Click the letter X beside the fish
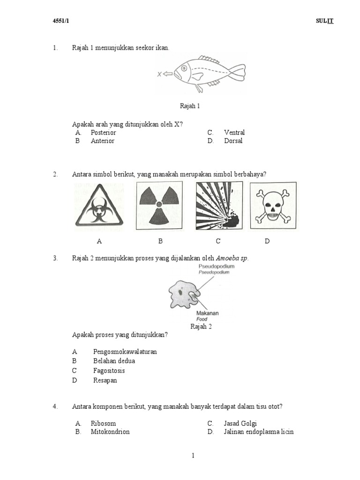pyautogui.click(x=160, y=74)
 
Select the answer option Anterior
pyautogui.click(x=102, y=141)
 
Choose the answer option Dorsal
pyautogui.click(x=233, y=141)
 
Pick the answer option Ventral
pyautogui.click(x=234, y=133)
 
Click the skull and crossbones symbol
pyautogui.click(x=273, y=205)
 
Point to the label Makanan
pyautogui.click(x=207, y=313)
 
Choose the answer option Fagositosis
pyautogui.click(x=109, y=371)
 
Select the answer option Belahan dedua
pyautogui.click(x=114, y=361)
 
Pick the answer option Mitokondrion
pyautogui.click(x=110, y=432)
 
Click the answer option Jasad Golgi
pyautogui.click(x=240, y=423)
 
